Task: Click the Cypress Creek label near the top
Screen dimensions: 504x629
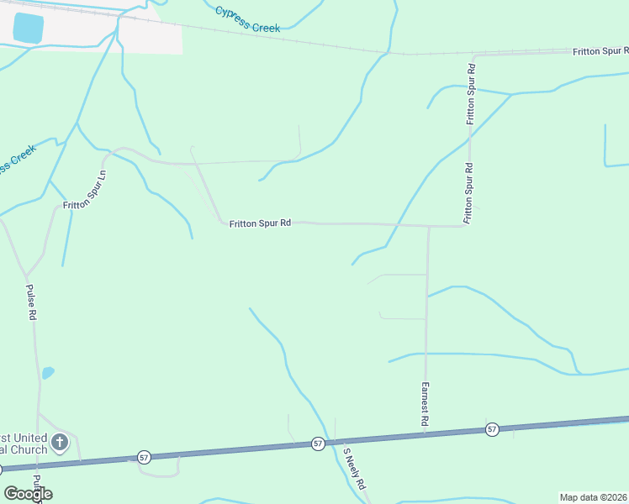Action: [246, 19]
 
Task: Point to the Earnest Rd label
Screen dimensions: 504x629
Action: [425, 404]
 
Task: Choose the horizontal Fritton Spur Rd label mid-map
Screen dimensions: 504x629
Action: [260, 223]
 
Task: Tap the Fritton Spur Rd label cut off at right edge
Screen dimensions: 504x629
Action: [600, 51]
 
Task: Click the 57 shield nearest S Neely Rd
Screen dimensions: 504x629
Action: [318, 443]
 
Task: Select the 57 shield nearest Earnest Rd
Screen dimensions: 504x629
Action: [492, 429]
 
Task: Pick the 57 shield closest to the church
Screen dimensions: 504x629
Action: [145, 457]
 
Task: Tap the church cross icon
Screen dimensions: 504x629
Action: [59, 442]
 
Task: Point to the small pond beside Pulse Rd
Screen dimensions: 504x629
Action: [48, 372]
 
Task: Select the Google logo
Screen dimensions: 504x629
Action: [29, 493]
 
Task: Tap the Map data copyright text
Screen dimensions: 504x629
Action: [593, 497]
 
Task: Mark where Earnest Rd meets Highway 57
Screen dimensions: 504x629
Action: [424, 434]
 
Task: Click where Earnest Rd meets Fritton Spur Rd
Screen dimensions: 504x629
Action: [428, 226]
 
